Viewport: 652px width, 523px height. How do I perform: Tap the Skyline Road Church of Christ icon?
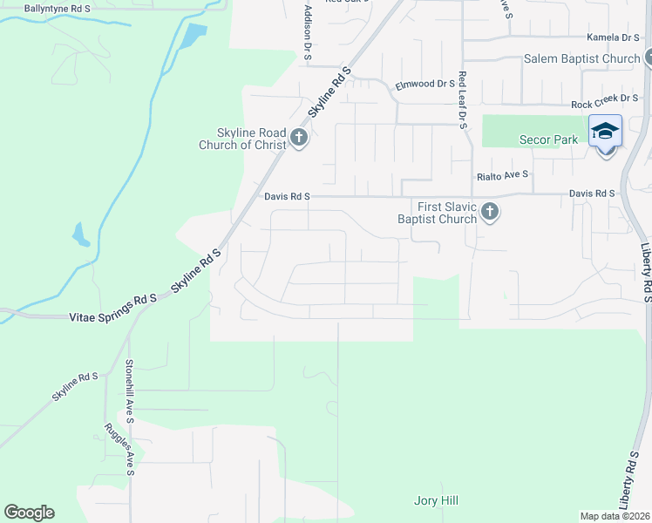[299, 138]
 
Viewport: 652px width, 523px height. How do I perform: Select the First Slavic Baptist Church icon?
[490, 212]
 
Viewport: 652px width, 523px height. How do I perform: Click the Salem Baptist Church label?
[582, 59]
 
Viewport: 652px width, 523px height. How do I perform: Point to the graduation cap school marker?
[605, 131]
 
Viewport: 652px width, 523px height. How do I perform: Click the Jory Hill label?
[435, 500]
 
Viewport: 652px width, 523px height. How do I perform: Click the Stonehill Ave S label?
[129, 391]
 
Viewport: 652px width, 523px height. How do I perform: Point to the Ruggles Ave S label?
[119, 450]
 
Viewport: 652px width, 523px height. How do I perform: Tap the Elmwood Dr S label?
[425, 85]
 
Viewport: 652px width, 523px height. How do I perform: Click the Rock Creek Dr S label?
[605, 104]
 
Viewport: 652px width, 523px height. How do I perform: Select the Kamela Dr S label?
[613, 37]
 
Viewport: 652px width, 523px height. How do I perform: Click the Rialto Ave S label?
[503, 174]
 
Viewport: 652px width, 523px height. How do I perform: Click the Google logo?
[29, 513]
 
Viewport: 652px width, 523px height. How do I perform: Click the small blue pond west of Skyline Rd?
[80, 234]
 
